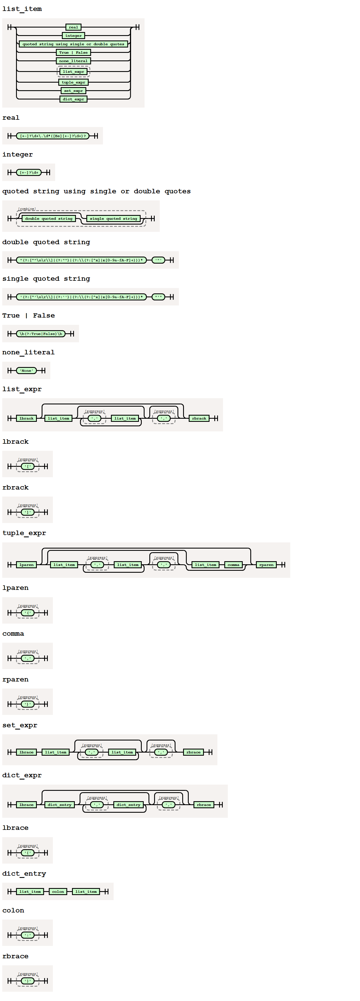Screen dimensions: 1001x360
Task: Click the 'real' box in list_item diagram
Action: pyautogui.click(x=73, y=27)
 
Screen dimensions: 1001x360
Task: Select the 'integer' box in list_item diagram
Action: pyautogui.click(x=73, y=36)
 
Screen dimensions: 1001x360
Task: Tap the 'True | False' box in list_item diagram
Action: pyautogui.click(x=73, y=53)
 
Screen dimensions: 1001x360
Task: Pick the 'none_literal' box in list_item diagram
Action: pyautogui.click(x=73, y=61)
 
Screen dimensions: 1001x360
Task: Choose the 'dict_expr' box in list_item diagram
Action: pyautogui.click(x=73, y=99)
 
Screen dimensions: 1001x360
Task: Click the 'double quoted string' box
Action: pyautogui.click(x=49, y=219)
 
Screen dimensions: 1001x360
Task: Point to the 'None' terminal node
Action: pyautogui.click(x=26, y=371)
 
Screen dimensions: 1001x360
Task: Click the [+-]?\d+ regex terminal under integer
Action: pyautogui.click(x=29, y=173)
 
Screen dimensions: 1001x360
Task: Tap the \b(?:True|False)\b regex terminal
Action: pyautogui.click(x=41, y=334)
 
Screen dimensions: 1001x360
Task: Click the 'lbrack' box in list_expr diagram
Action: pyautogui.click(x=26, y=418)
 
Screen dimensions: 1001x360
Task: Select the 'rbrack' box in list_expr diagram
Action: pyautogui.click(x=199, y=418)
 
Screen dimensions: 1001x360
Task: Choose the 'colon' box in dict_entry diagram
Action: pyautogui.click(x=58, y=892)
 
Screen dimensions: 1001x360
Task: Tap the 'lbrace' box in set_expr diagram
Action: pyautogui.click(x=26, y=752)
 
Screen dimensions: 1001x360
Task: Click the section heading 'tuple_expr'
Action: pyautogui.click(x=24, y=533)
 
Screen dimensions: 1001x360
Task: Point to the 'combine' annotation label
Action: pyautogui.click(x=26, y=209)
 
